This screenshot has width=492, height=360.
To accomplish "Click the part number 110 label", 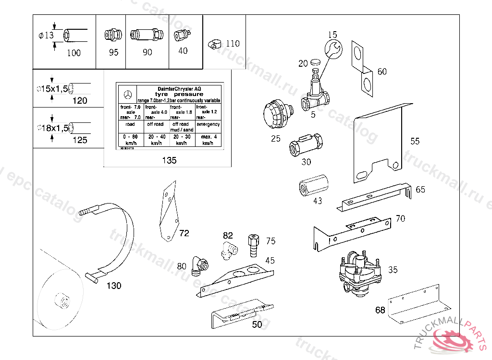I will [x=232, y=44].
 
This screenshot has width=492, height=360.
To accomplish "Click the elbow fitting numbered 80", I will [x=198, y=265].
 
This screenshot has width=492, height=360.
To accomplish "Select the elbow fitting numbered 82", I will [x=229, y=250].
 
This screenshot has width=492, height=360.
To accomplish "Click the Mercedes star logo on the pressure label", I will [x=128, y=94].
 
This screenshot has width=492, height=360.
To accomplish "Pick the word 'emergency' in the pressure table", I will [x=208, y=124].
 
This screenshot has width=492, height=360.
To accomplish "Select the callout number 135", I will [x=169, y=161].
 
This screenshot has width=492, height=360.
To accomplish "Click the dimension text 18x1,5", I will [x=53, y=128].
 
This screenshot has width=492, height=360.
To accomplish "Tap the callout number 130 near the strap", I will [x=114, y=286].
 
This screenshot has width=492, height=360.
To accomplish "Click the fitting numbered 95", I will [x=111, y=36].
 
